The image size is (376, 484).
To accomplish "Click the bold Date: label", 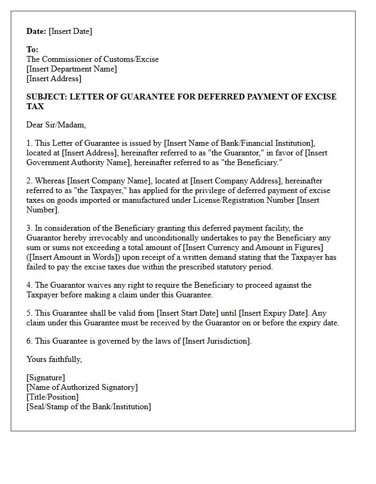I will [x=37, y=31].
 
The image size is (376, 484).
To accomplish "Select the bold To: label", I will [x=32, y=49].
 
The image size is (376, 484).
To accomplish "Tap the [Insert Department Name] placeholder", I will [x=71, y=69].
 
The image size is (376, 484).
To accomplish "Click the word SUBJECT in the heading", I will [x=45, y=97].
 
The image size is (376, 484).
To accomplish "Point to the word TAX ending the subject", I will [x=35, y=106].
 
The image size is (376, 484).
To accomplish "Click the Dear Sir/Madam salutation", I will [x=56, y=125].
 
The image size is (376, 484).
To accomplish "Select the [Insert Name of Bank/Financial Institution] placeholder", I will [x=239, y=143].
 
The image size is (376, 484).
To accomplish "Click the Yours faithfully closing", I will [x=54, y=359].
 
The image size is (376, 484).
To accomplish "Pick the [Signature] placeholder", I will [x=46, y=378].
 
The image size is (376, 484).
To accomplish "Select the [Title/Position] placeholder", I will [x=52, y=397].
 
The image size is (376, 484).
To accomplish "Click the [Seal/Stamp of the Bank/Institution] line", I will [x=89, y=407].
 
